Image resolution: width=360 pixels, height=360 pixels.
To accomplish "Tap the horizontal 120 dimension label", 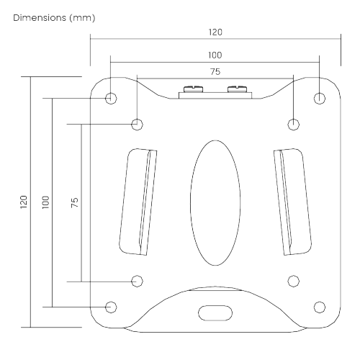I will pos(215,32).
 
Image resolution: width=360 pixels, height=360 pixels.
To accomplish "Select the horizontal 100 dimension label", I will pos(215,55).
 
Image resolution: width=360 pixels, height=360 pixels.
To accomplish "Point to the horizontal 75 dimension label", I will pos(215,71).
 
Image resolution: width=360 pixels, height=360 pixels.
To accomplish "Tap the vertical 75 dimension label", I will pos(74,202).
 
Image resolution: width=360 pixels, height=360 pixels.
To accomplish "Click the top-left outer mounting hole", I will pos(110,97).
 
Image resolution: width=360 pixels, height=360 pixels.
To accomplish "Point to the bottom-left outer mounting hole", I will pos(110,307).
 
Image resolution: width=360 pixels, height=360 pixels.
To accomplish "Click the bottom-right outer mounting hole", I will pos(320,307).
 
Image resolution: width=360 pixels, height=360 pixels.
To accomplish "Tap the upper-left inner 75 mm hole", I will pos(137,124).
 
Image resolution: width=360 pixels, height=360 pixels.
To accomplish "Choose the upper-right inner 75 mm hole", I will pos(293,124).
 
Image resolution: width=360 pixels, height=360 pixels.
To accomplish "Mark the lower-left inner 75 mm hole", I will pos(137,280).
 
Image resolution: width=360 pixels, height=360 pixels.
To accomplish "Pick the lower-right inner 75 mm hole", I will pos(293,280).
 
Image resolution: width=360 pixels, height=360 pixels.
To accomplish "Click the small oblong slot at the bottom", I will pos(215,313).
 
